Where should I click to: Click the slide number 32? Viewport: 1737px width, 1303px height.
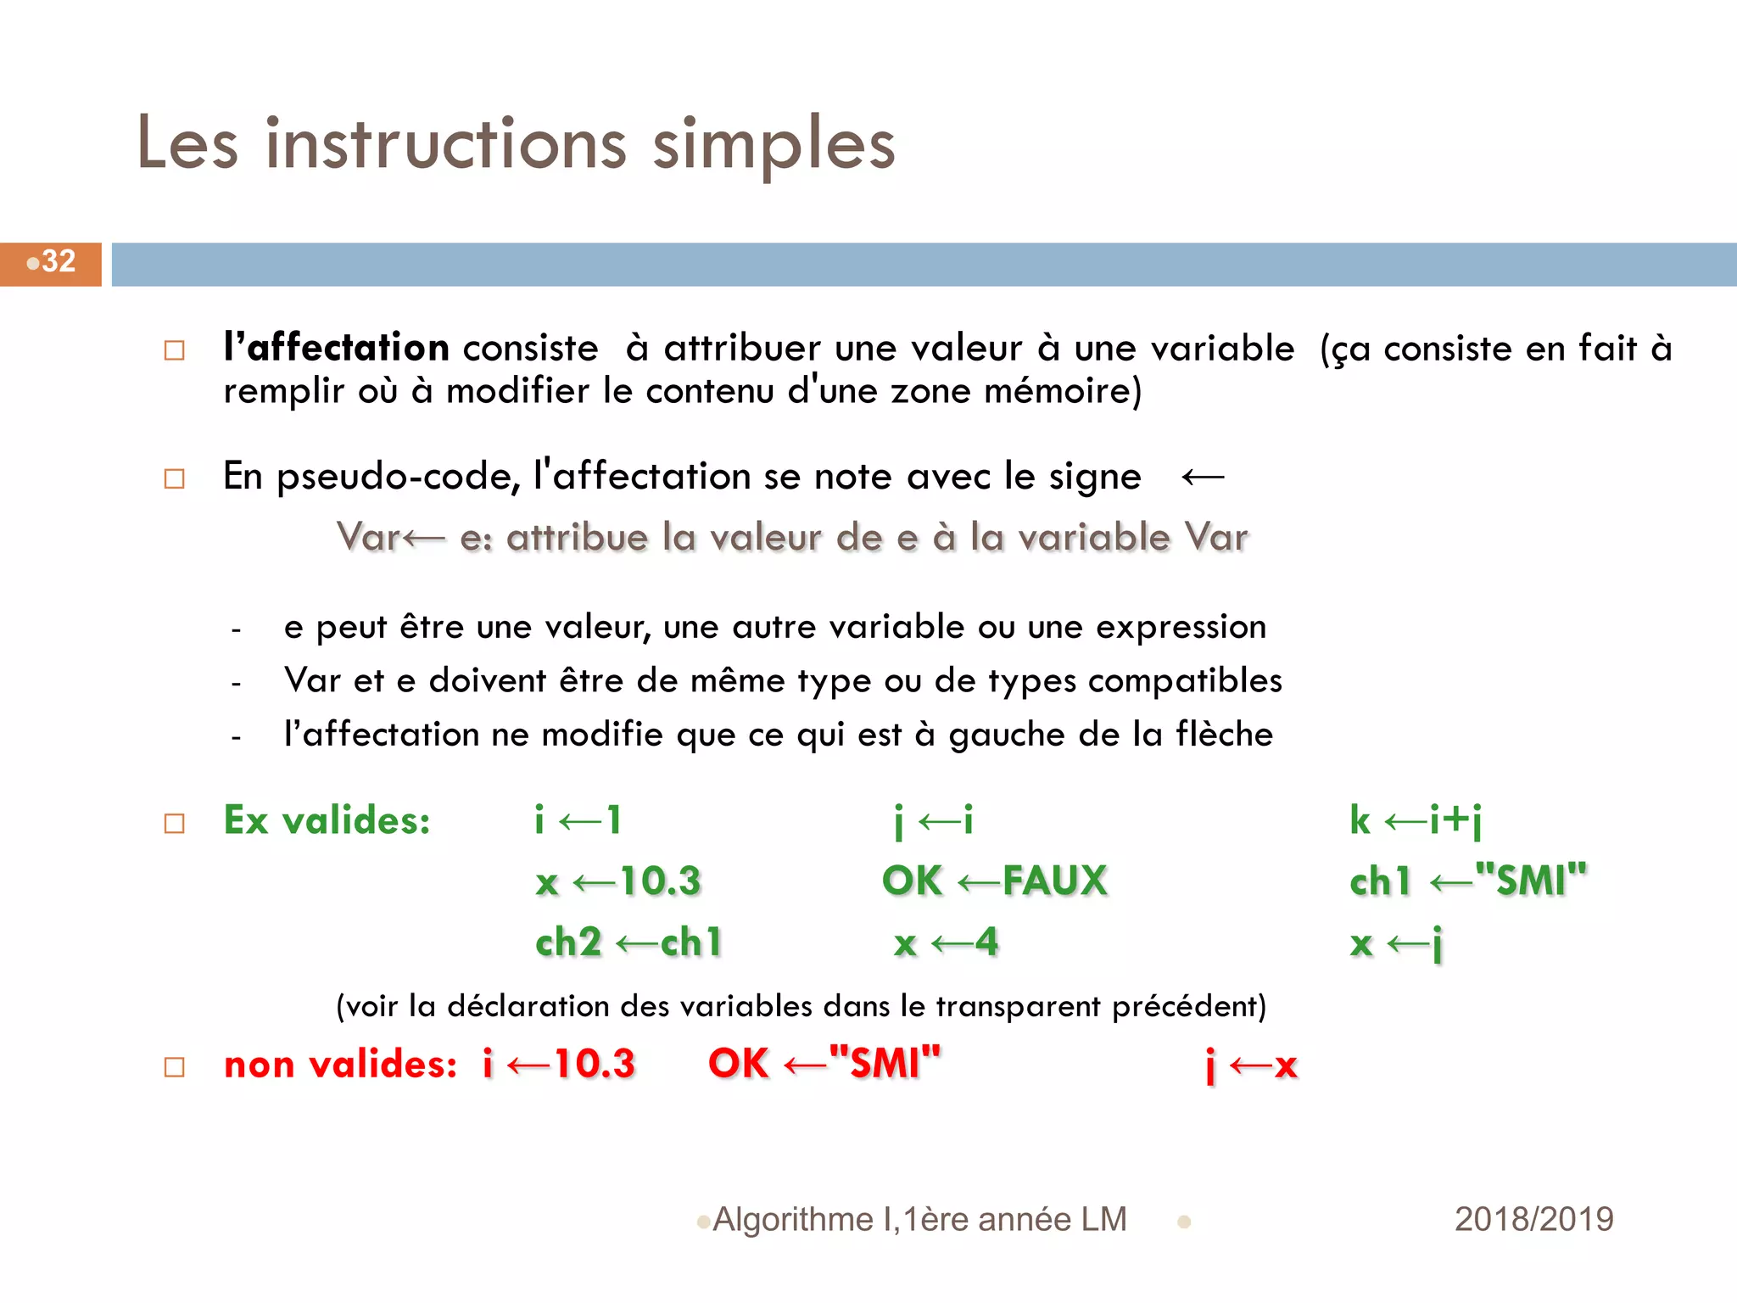pos(58,261)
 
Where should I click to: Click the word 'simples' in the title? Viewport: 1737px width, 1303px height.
pos(774,144)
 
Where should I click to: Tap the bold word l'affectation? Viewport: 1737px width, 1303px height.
pos(336,348)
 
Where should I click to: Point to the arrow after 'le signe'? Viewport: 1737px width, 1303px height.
pos(1203,478)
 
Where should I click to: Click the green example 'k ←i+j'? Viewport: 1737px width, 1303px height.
pos(1416,820)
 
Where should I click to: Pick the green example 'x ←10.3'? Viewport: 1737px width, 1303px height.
pos(618,881)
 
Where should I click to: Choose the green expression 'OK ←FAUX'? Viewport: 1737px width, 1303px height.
pos(994,881)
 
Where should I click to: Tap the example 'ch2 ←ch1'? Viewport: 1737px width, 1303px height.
pos(628,942)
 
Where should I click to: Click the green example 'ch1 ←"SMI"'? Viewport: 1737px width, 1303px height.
pos(1467,881)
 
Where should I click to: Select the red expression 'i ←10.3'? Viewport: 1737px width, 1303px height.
pos(559,1064)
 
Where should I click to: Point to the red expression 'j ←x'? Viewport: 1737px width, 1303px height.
pos(1251,1065)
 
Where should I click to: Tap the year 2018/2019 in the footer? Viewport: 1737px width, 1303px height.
pos(1533,1220)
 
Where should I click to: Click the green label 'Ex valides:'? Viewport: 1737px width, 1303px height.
pos(327,820)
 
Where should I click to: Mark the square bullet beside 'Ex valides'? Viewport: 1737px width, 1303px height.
pos(175,823)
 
